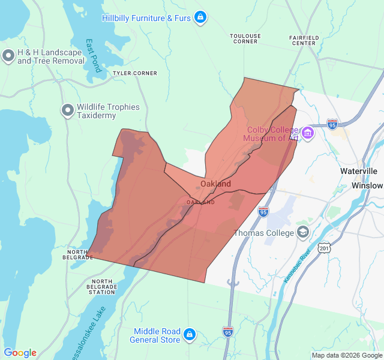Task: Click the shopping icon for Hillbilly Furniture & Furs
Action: pos(201,17)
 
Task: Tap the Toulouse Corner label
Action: pos(245,38)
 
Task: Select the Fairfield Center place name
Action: pos(303,40)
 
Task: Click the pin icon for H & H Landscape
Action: pos(8,56)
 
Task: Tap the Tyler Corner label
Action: pos(135,73)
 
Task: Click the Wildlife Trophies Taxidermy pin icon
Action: pos(68,110)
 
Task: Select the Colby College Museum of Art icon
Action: pos(308,133)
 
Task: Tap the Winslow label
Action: pos(367,185)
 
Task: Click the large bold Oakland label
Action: pos(215,184)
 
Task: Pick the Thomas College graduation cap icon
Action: pos(303,232)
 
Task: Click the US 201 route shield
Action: pos(325,247)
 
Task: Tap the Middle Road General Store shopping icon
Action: pos(190,334)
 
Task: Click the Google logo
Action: pos(20,353)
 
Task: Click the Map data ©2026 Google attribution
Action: pos(346,355)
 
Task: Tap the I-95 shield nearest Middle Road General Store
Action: pos(227,331)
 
